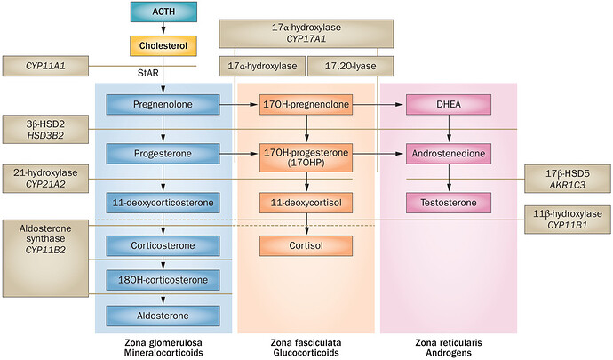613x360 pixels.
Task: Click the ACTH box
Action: (163, 12)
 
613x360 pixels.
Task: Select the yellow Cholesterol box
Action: (163, 46)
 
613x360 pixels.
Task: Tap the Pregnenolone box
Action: (163, 105)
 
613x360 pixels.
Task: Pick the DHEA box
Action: (449, 105)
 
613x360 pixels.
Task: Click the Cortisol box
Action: (306, 245)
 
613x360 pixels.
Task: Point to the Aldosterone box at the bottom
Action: (163, 316)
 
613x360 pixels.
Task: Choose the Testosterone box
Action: (449, 203)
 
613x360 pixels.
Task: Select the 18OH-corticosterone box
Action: (163, 280)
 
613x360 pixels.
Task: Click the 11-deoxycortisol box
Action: (306, 203)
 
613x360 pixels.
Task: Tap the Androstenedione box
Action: (449, 154)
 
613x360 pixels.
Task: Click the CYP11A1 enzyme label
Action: (45, 66)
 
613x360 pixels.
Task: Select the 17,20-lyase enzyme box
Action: (351, 66)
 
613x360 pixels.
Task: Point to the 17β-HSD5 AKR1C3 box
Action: (568, 179)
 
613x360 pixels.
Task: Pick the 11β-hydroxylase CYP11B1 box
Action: (568, 220)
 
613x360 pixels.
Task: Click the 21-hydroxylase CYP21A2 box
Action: (45, 179)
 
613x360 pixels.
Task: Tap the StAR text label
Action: (148, 72)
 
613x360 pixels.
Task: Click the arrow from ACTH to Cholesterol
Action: (163, 29)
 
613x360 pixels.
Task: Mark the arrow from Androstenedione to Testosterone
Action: (449, 178)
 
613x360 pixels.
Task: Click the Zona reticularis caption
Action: (449, 343)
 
